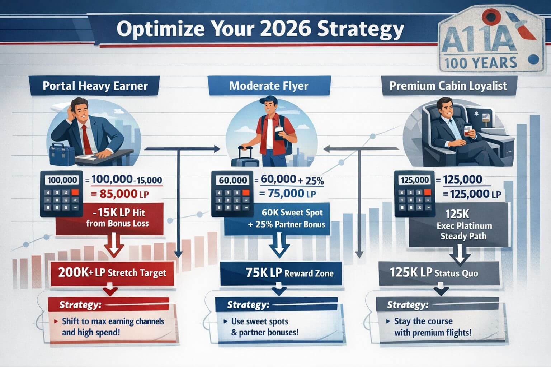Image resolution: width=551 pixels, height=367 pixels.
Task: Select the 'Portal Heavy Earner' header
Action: pos(95,86)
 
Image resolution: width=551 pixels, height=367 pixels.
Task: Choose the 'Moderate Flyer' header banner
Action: pos(268,86)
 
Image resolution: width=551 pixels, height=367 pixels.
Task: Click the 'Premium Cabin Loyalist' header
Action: pos(448,86)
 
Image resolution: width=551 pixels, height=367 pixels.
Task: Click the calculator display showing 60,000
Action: pos(233,180)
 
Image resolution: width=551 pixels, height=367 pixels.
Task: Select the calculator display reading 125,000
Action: pos(414,180)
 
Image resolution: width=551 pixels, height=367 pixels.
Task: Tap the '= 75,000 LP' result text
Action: pos(287,194)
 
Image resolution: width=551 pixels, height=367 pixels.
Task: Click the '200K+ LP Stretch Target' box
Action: pos(112,273)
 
